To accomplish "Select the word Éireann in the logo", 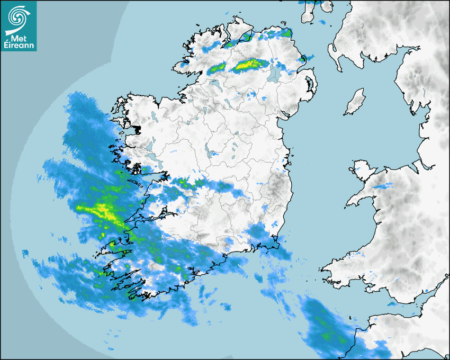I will point(19,45).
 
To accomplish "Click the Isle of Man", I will point(355,102).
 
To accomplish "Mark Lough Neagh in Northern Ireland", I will point(274,73).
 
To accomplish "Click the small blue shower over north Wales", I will point(383,186).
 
